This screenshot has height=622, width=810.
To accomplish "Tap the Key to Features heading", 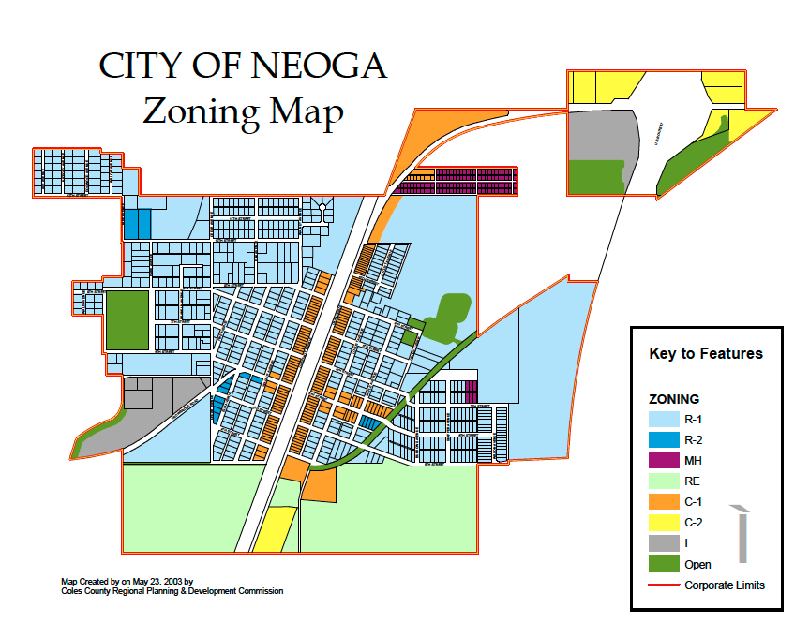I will [x=705, y=354].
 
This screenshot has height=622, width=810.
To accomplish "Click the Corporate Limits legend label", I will [x=724, y=585].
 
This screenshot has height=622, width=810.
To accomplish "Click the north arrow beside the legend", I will [x=742, y=534].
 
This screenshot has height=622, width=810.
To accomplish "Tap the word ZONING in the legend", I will [x=674, y=399].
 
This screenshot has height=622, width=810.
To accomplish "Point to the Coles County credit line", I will [x=172, y=591].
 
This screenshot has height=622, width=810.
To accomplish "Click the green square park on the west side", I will [x=127, y=319].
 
